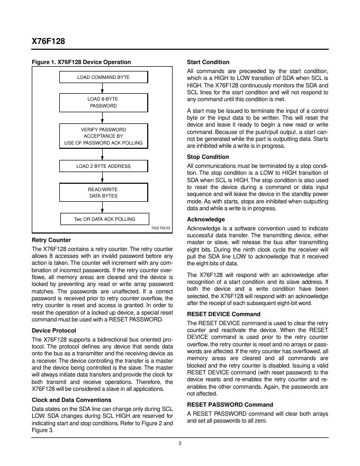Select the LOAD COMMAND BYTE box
tap(103, 77)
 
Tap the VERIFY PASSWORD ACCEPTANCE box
tap(103, 136)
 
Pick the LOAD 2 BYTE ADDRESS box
tap(103, 166)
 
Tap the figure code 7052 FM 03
tap(160, 228)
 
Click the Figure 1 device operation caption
tap(81, 62)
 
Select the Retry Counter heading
tap(51, 240)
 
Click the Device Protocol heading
tap(53, 330)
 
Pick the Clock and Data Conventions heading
tap(71, 400)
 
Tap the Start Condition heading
tap(208, 62)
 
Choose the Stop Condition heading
tap(208, 157)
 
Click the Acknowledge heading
tap(206, 219)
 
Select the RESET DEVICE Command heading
tap(223, 313)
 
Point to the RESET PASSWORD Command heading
tap(230, 405)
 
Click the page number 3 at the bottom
tap(180, 444)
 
